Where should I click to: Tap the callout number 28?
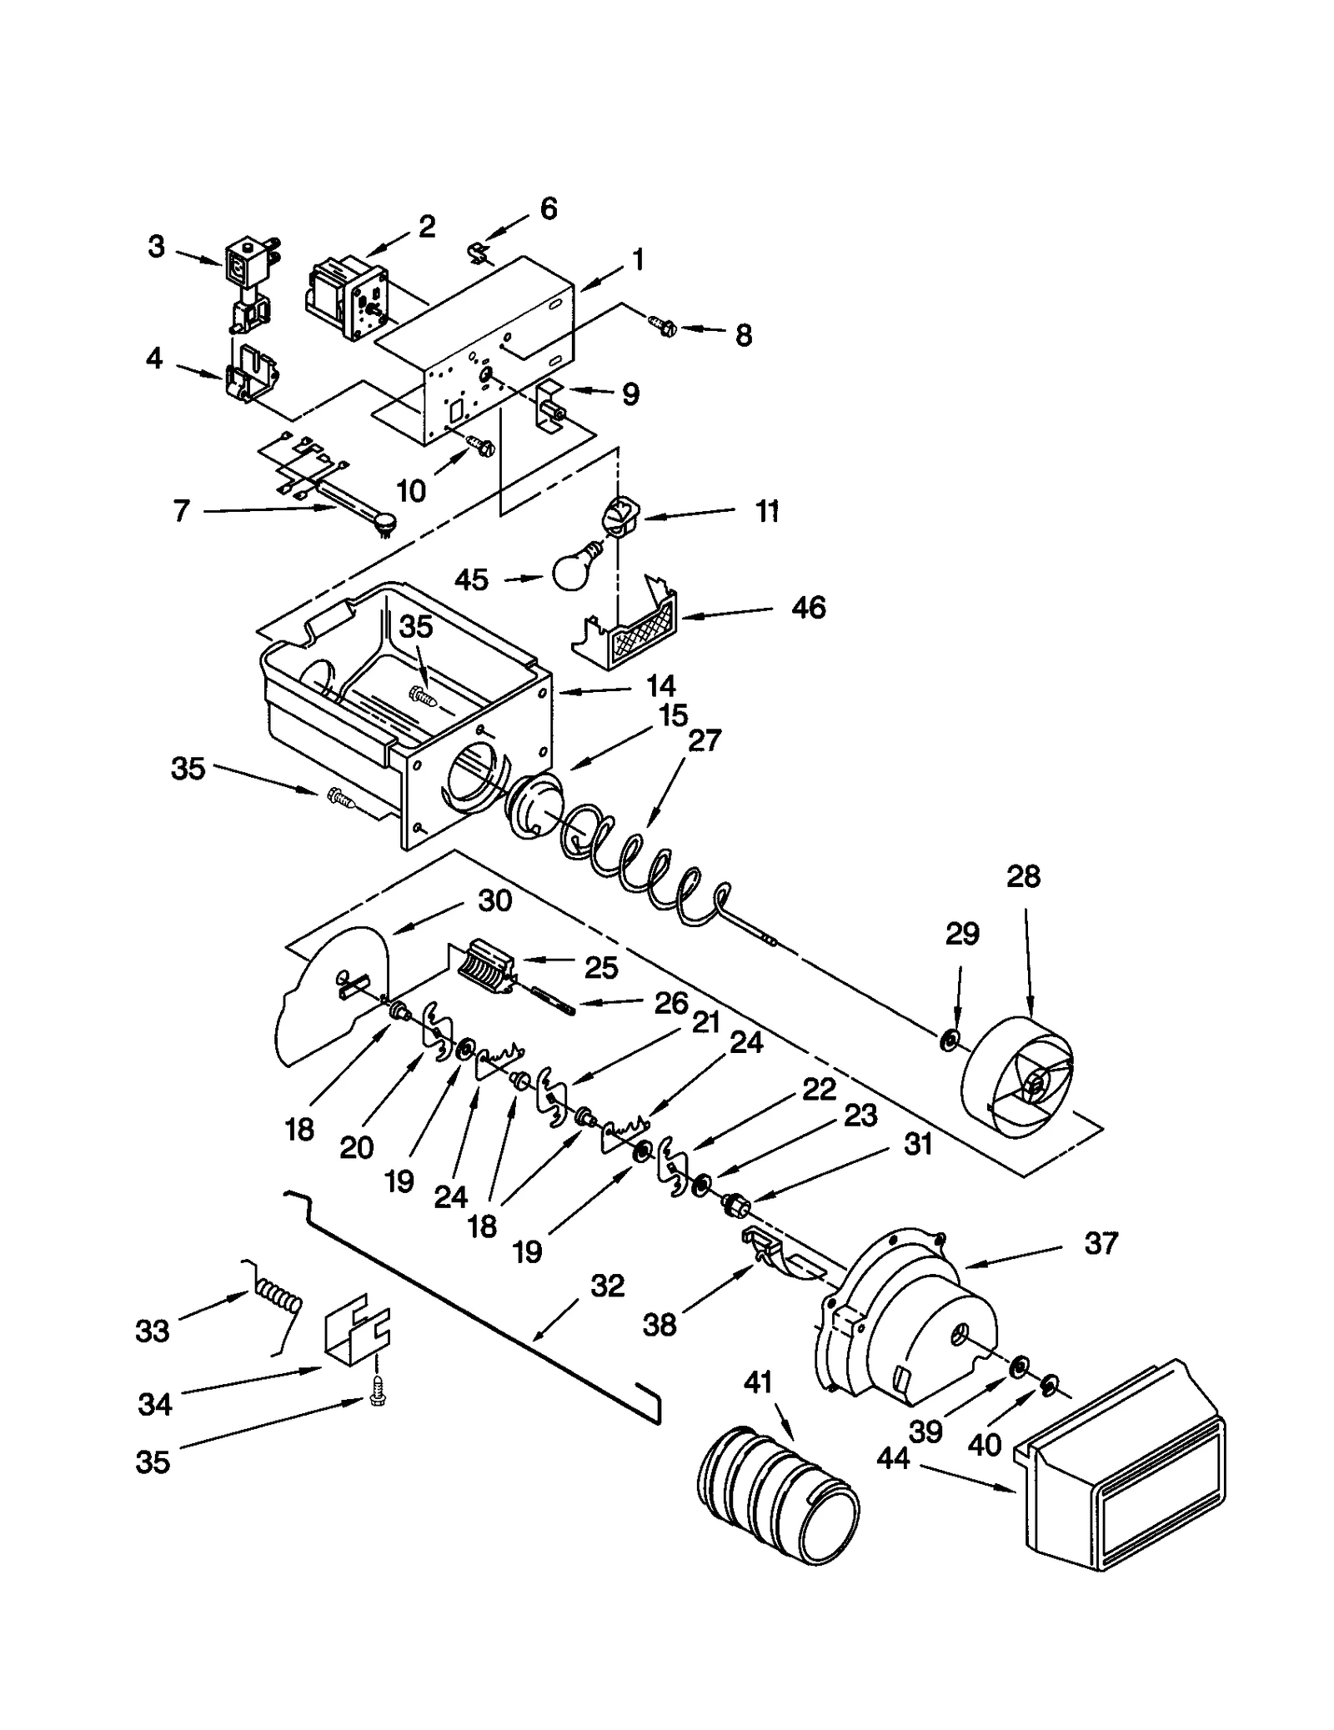[x=1023, y=876]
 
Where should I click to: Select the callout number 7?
[x=181, y=510]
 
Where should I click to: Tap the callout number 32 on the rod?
[x=607, y=1286]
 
